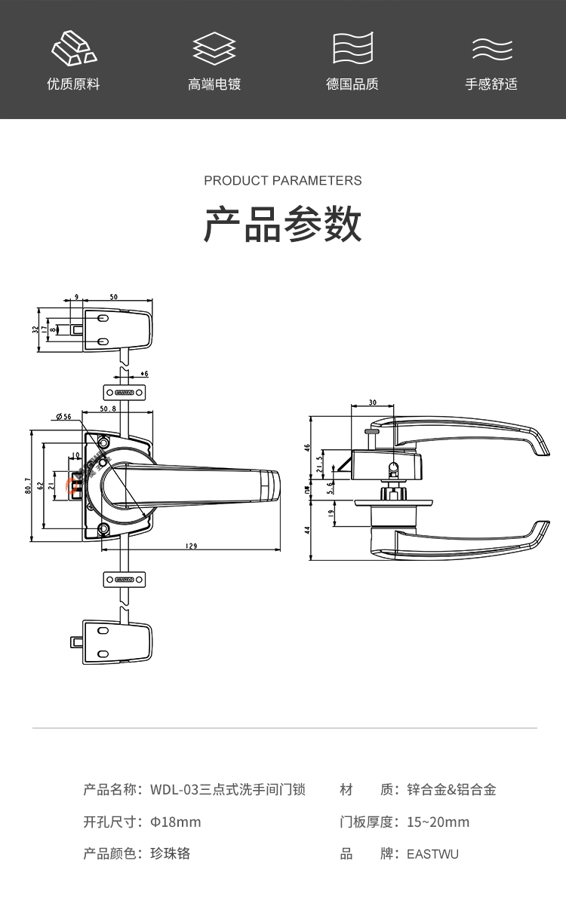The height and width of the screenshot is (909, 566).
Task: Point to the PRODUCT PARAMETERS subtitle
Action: (x=283, y=181)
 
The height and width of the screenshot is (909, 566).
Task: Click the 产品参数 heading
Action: (x=283, y=224)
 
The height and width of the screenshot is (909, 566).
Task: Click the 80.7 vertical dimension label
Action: (x=27, y=485)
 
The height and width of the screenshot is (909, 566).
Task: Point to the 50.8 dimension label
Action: (x=108, y=409)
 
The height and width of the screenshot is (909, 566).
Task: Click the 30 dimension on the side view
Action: (x=372, y=403)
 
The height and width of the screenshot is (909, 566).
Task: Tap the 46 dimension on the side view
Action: (x=308, y=447)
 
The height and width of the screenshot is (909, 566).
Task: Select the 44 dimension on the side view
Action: (x=308, y=530)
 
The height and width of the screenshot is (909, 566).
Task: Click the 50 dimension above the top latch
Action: (x=113, y=298)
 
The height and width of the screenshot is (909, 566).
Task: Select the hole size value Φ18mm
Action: (x=176, y=822)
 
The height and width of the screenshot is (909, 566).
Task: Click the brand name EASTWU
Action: (x=432, y=854)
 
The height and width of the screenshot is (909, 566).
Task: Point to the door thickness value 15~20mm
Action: (x=438, y=822)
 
